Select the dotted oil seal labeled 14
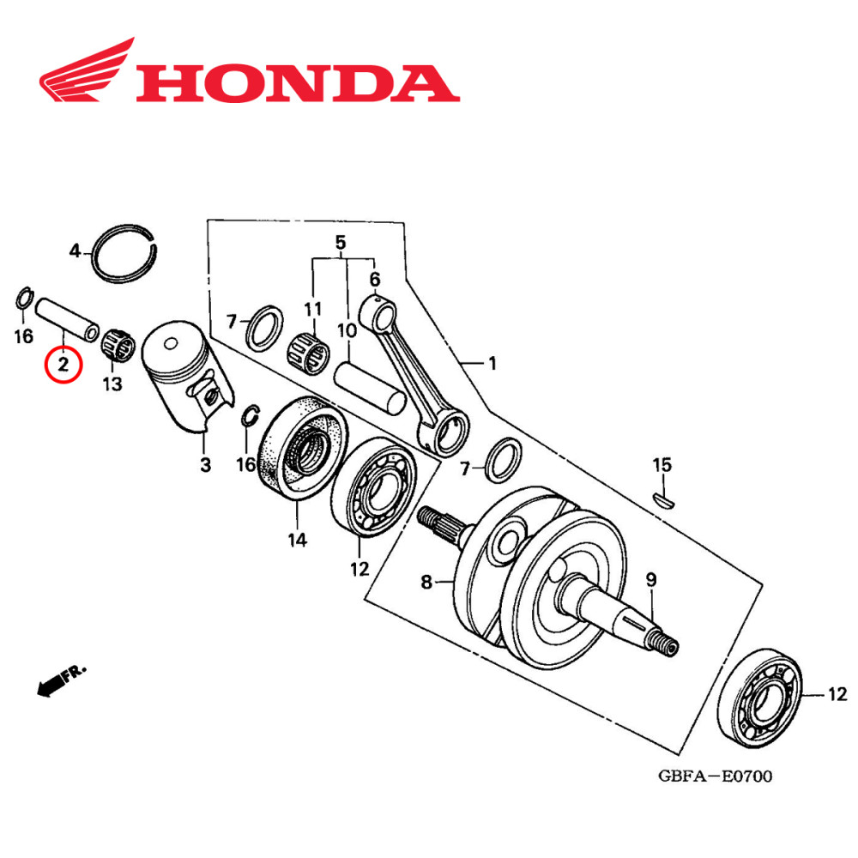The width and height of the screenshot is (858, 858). (x=302, y=447)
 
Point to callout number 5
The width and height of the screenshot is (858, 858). (x=340, y=243)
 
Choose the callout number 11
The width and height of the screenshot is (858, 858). (x=312, y=308)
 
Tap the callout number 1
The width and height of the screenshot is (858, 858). (x=492, y=365)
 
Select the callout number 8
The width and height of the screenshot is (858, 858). (x=426, y=583)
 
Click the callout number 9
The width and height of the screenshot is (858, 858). (x=651, y=580)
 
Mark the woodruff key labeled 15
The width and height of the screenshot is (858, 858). (x=663, y=497)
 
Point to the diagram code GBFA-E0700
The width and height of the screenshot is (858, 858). (x=715, y=776)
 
